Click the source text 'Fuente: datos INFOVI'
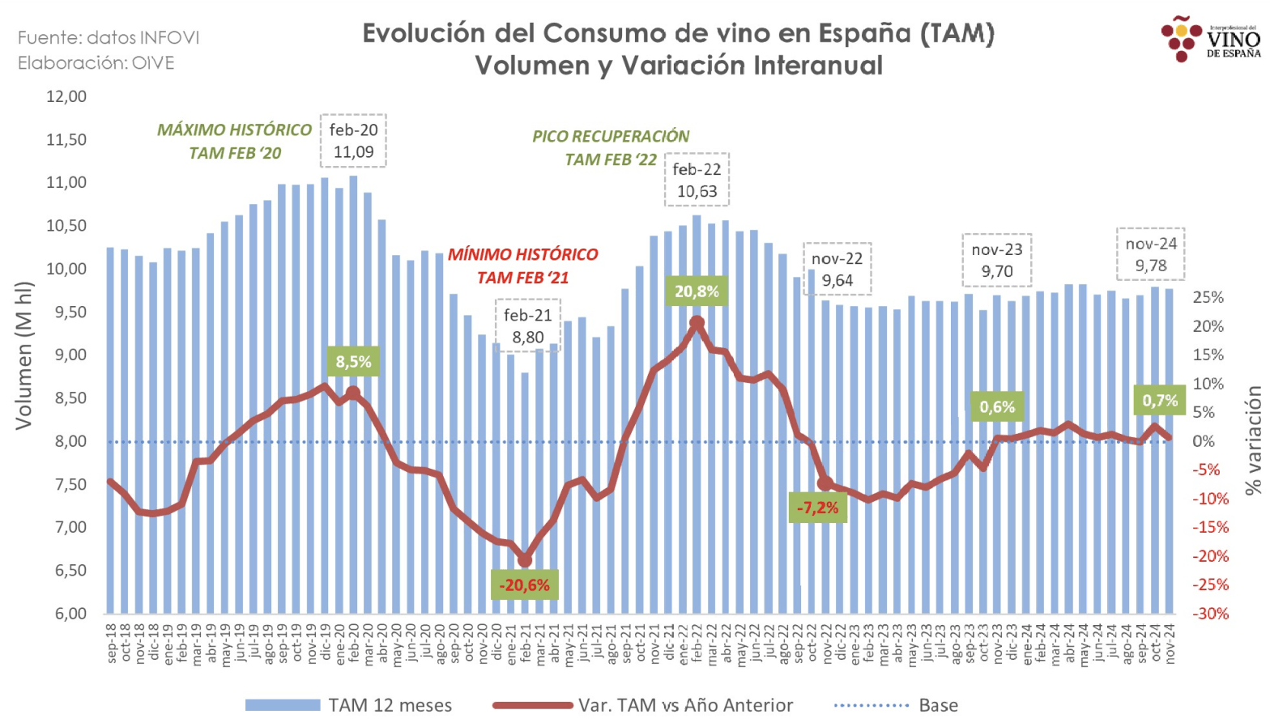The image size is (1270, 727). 109,38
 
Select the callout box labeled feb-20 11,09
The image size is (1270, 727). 353,141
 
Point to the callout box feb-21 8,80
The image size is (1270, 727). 527,326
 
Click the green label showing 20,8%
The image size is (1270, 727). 697,291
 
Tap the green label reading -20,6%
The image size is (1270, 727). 524,585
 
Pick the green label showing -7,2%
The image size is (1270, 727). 818,508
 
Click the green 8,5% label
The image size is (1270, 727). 353,361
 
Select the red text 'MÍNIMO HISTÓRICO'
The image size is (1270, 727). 522,254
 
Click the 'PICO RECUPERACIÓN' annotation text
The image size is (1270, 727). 611,137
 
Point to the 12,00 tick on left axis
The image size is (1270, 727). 66,96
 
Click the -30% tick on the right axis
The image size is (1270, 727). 1210,614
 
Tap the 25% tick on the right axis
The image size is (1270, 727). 1208,298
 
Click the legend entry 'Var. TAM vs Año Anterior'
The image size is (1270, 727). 644,705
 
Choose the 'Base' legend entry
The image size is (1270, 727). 896,705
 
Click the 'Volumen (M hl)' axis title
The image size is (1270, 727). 23,355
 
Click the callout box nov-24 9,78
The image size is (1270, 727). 1150,254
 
